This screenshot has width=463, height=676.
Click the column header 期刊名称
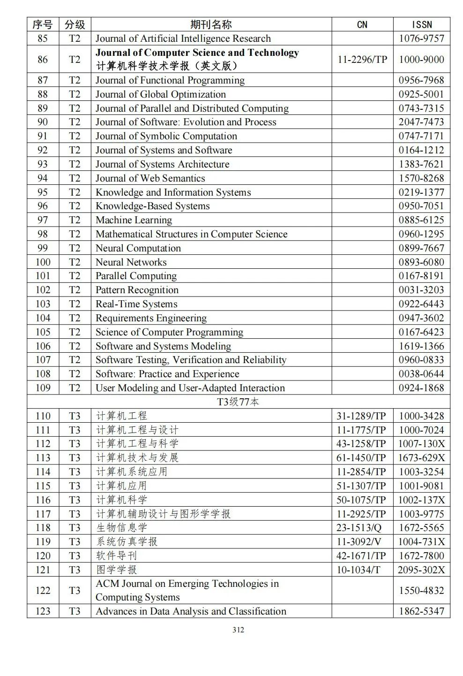(x=211, y=24)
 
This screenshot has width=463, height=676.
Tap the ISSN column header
(x=421, y=24)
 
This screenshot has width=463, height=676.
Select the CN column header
(x=362, y=24)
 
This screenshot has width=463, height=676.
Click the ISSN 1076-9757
(x=421, y=38)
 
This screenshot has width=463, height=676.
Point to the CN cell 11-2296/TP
(x=362, y=59)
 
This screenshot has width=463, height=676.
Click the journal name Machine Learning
(x=134, y=220)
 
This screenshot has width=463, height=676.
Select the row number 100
(x=43, y=262)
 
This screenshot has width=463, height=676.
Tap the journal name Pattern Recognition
(x=137, y=290)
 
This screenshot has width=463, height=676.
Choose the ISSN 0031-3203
(x=421, y=290)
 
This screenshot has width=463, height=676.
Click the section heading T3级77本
(x=238, y=402)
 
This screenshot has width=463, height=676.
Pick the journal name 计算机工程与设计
(x=137, y=430)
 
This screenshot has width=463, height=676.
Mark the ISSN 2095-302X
(x=421, y=570)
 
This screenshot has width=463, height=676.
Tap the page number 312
(x=238, y=630)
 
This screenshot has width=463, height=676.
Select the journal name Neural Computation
(x=138, y=248)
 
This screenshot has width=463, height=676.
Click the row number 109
(x=43, y=388)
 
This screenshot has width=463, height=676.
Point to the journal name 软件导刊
(x=116, y=556)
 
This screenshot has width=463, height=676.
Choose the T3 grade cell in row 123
(x=75, y=611)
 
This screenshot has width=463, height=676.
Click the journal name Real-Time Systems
(x=136, y=304)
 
